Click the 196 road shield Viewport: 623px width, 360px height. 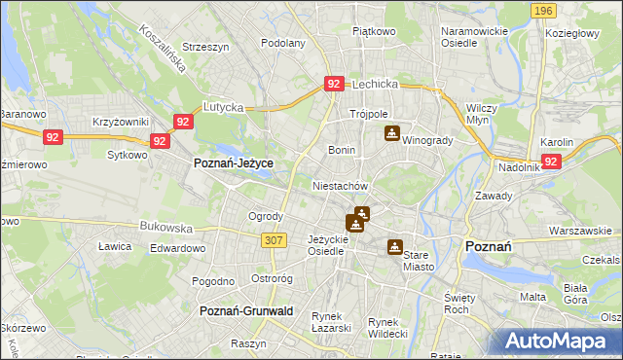[x=544, y=10]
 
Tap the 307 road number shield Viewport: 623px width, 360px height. [x=274, y=239]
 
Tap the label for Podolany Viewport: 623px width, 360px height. [x=283, y=43]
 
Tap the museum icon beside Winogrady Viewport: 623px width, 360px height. [x=391, y=133]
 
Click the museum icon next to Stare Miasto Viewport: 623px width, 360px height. [x=394, y=247]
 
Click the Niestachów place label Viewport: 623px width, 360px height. [x=339, y=185]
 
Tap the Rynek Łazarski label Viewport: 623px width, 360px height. [x=331, y=322]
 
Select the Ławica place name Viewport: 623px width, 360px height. [x=115, y=246]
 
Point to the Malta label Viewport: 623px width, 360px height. [x=532, y=297]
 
